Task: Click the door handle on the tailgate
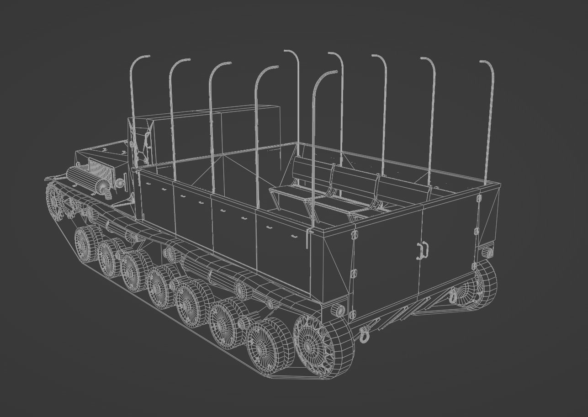423,250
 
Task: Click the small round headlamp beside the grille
120,184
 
